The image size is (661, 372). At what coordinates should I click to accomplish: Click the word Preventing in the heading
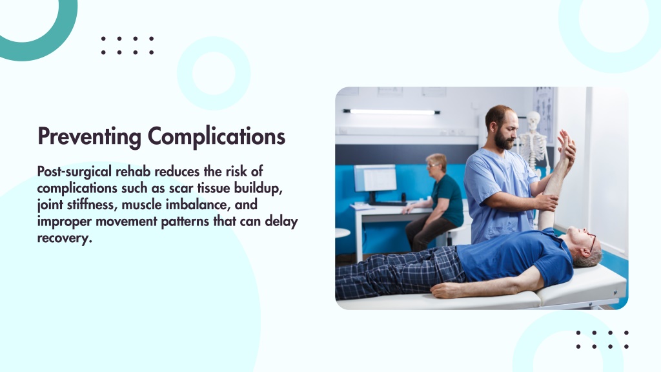coord(89,137)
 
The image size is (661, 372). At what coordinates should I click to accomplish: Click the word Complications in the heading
coord(217,137)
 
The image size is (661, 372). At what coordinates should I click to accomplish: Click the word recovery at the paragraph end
coord(65,238)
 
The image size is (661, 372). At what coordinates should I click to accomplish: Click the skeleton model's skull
coord(533,121)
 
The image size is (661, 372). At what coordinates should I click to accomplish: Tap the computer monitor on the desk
coord(375,179)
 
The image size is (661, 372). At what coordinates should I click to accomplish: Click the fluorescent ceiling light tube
coord(392,112)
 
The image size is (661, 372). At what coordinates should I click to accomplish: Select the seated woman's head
coord(436,165)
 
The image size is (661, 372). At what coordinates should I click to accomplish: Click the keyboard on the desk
coord(387,203)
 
